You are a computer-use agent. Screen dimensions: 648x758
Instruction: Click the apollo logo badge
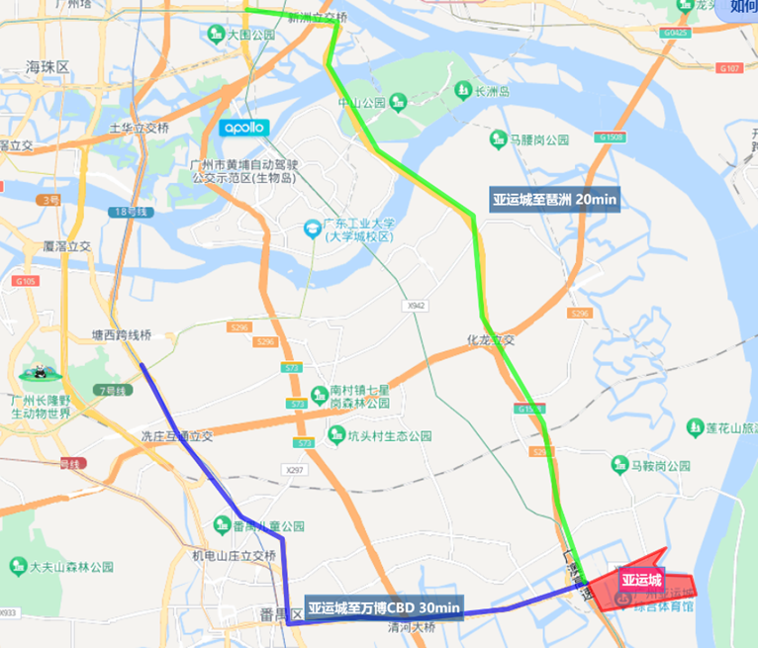tap(242, 128)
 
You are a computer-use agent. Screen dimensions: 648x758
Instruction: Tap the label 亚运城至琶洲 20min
tap(555, 200)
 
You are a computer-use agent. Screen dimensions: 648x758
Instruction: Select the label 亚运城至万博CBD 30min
tap(384, 606)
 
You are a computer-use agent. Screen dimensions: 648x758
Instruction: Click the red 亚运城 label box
tap(641, 581)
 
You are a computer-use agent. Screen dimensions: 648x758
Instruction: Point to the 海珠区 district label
tap(47, 67)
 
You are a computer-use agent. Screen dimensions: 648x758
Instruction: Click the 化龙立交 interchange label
tap(492, 339)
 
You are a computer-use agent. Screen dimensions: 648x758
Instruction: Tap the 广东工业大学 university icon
tap(311, 230)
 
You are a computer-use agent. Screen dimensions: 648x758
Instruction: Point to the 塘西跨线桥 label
tap(121, 334)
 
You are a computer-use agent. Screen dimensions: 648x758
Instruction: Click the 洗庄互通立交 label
tap(177, 435)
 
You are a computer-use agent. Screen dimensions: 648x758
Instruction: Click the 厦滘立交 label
tap(67, 245)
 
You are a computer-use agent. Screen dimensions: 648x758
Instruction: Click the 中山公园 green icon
tap(398, 102)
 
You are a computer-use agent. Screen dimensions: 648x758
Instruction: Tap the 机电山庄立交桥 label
tap(235, 556)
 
